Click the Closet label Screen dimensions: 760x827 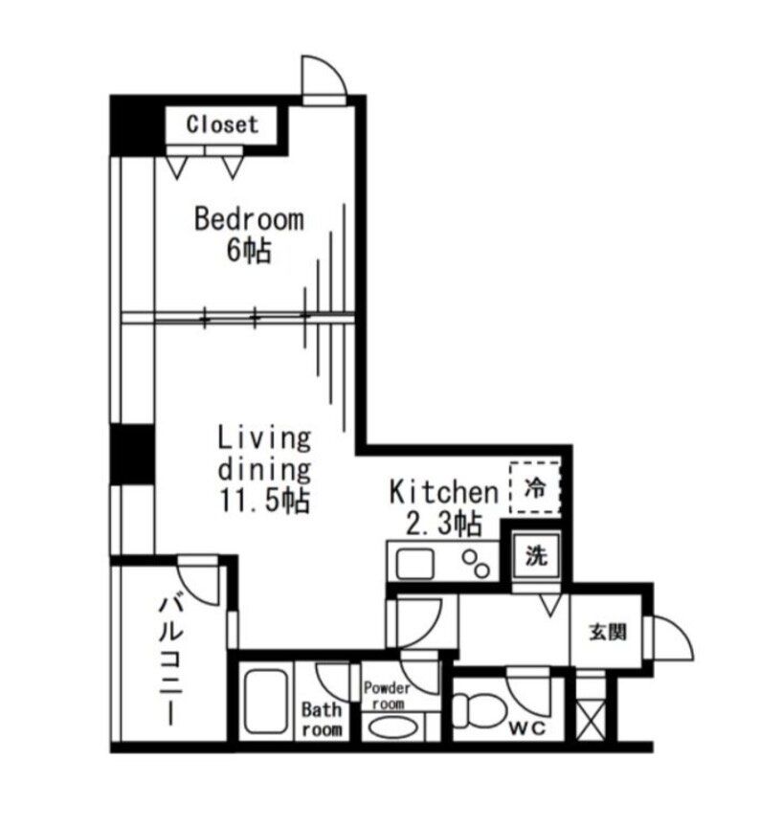click(x=222, y=125)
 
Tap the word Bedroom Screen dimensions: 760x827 click(x=249, y=219)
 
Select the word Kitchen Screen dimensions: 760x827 click(x=443, y=492)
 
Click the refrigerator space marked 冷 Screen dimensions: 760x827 click(x=535, y=488)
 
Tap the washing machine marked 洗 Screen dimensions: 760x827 click(x=536, y=556)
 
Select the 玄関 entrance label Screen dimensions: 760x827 click(x=608, y=632)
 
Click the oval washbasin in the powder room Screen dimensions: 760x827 click(x=392, y=727)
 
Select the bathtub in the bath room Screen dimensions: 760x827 click(x=266, y=702)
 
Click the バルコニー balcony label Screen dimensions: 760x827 click(x=171, y=659)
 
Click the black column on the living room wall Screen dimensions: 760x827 click(x=132, y=454)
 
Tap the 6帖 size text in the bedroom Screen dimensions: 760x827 click(x=249, y=251)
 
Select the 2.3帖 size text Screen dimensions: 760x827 click(x=443, y=524)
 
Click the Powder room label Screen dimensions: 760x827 click(x=387, y=695)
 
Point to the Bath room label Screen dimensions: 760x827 click(x=322, y=720)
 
